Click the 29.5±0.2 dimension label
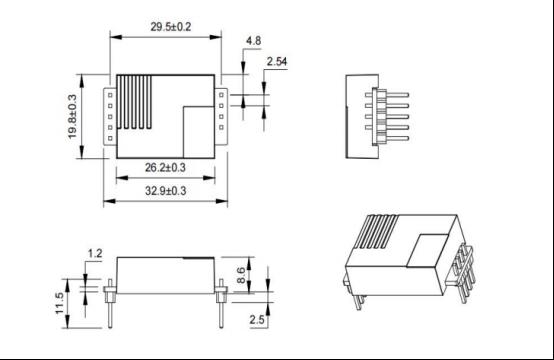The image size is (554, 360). tap(171, 27)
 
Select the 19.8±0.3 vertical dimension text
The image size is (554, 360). tap(72, 116)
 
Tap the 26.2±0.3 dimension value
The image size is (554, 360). tap(165, 167)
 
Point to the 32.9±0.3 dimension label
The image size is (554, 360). tap(165, 191)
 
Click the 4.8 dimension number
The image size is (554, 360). tap(254, 41)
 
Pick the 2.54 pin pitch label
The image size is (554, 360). tap(277, 61)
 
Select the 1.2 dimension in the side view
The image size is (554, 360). tap(95, 253)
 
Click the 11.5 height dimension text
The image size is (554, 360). tap(59, 303)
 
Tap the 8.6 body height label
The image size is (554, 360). tap(241, 275)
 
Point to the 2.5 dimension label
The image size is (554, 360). tap(257, 320)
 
